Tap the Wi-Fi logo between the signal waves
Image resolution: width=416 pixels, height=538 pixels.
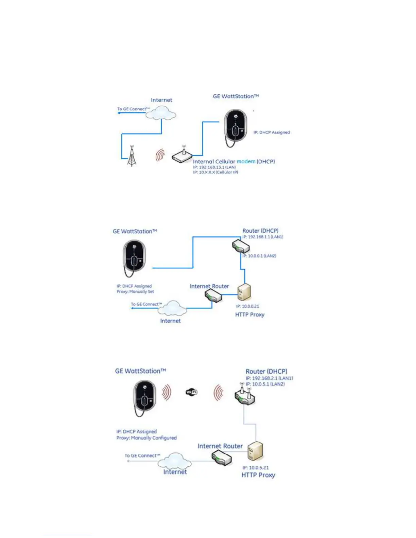(x=192, y=392)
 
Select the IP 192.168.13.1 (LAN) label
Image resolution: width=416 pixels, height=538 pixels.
(x=214, y=167)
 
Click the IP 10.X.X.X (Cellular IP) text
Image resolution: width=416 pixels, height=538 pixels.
(x=215, y=172)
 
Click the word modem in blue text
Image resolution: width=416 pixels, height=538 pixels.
(x=246, y=161)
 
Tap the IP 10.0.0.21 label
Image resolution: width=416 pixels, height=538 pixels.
(x=247, y=306)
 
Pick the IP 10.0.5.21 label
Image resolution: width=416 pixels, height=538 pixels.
(x=255, y=468)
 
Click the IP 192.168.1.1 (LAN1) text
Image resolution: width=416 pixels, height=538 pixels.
(x=263, y=237)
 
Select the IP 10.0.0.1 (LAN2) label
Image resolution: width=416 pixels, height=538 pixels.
(x=259, y=256)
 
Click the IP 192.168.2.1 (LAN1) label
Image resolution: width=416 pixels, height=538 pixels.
(x=269, y=378)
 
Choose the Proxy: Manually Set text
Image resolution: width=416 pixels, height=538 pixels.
(x=135, y=291)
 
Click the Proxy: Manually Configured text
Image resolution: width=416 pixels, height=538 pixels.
(x=146, y=438)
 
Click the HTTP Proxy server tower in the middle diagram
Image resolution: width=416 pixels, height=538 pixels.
(x=244, y=292)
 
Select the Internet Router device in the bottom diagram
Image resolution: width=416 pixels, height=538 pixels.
(x=222, y=458)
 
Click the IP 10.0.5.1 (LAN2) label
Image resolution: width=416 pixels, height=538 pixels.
(x=265, y=384)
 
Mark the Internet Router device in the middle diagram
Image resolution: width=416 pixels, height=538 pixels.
(x=213, y=296)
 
